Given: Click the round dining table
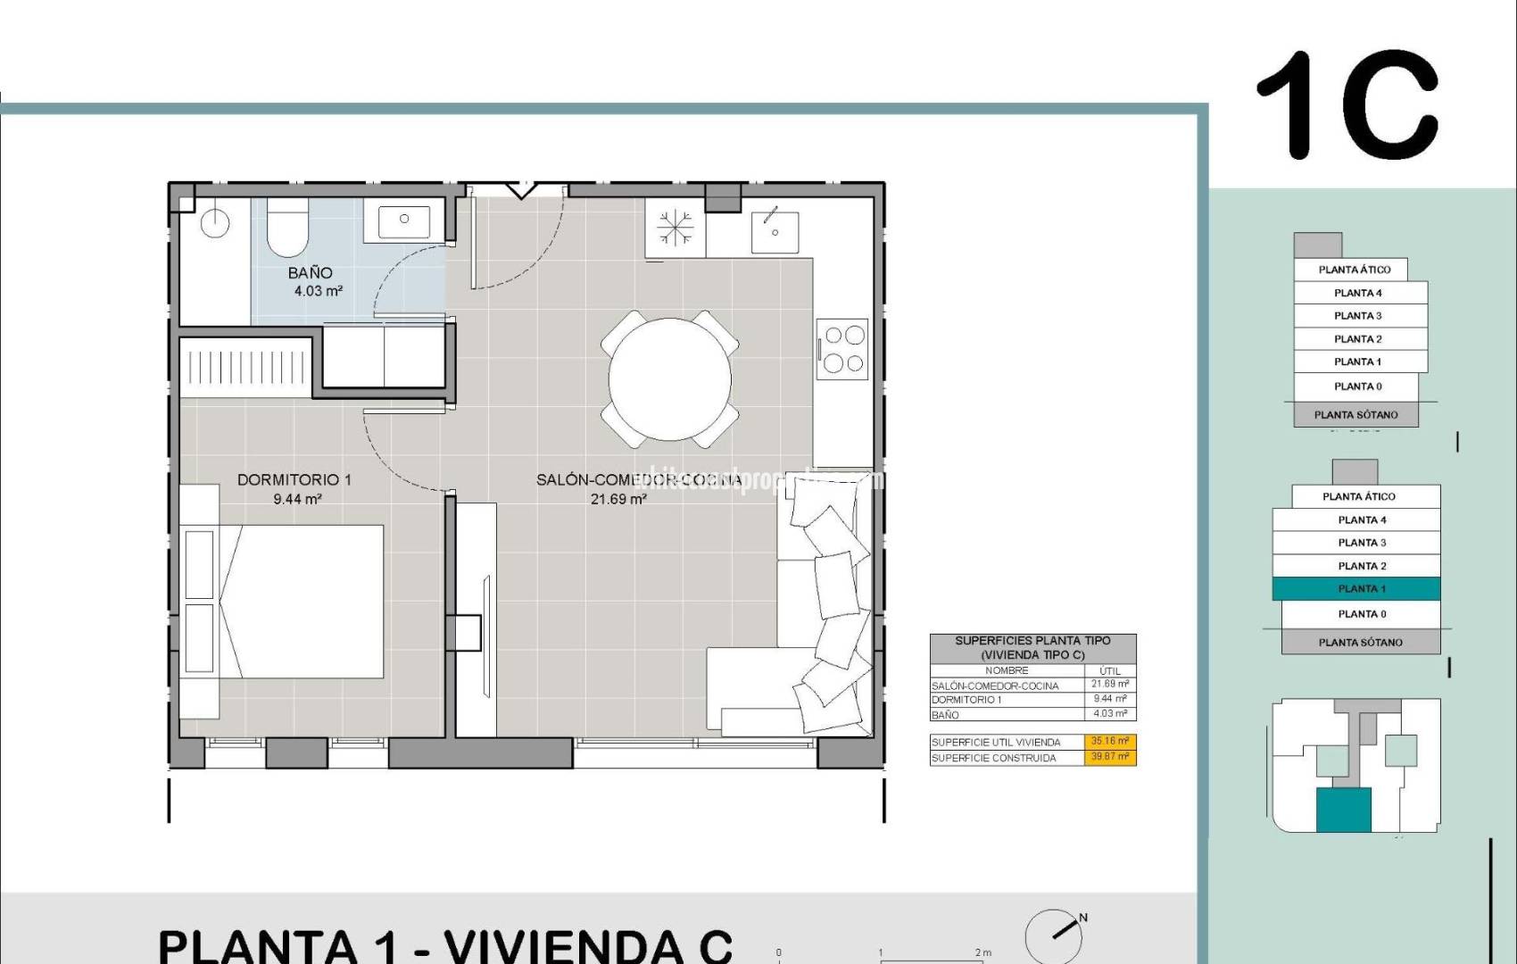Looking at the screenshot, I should point(670,379).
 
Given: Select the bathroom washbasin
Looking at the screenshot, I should point(404,220).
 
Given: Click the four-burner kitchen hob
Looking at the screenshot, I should point(844,349).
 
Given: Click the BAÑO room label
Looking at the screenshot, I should point(310,273).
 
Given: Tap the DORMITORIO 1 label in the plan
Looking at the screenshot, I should point(294,480).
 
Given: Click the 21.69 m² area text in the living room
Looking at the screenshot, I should point(618,500).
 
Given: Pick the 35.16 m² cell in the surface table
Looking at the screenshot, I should point(1110,742).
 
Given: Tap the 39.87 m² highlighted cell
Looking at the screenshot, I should point(1110,757).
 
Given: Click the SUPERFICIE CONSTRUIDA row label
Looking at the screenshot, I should point(993,758).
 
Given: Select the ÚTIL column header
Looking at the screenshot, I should point(1110,670).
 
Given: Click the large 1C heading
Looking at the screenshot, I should point(1347,105).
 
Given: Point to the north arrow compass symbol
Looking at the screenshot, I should point(1056,935).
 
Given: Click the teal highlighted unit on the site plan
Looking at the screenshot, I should point(1344,810).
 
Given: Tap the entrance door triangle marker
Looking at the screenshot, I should point(519,190).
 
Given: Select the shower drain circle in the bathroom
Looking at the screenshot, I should point(215,224).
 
